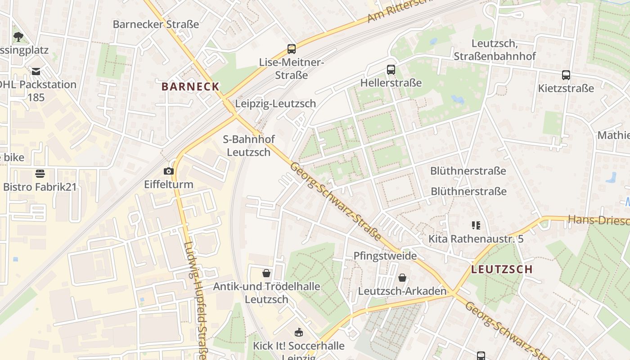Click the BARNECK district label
pyautogui.click(x=190, y=86)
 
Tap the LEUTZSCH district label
pyautogui.click(x=502, y=269)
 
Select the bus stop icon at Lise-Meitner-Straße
pyautogui.click(x=292, y=49)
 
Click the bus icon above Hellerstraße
pyautogui.click(x=391, y=70)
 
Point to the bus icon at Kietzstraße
pyautogui.click(x=566, y=75)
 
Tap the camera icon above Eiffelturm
pyautogui.click(x=169, y=171)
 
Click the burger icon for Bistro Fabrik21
pyautogui.click(x=40, y=174)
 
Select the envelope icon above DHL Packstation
pyautogui.click(x=36, y=71)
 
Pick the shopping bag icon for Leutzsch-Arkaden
pyautogui.click(x=402, y=278)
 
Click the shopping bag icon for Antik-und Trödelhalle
pyautogui.click(x=266, y=273)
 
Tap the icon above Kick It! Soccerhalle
pyautogui.click(x=298, y=333)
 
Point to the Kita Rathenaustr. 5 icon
pyautogui.click(x=476, y=225)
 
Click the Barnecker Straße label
pyautogui.click(x=156, y=24)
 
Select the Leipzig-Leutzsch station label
pyautogui.click(x=275, y=103)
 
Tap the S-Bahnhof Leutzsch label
pyautogui.click(x=248, y=146)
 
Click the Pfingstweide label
pyautogui.click(x=385, y=256)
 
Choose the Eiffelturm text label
pyautogui.click(x=168, y=184)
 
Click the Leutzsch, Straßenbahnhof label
pyautogui.click(x=495, y=50)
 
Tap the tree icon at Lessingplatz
pyautogui.click(x=18, y=36)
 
